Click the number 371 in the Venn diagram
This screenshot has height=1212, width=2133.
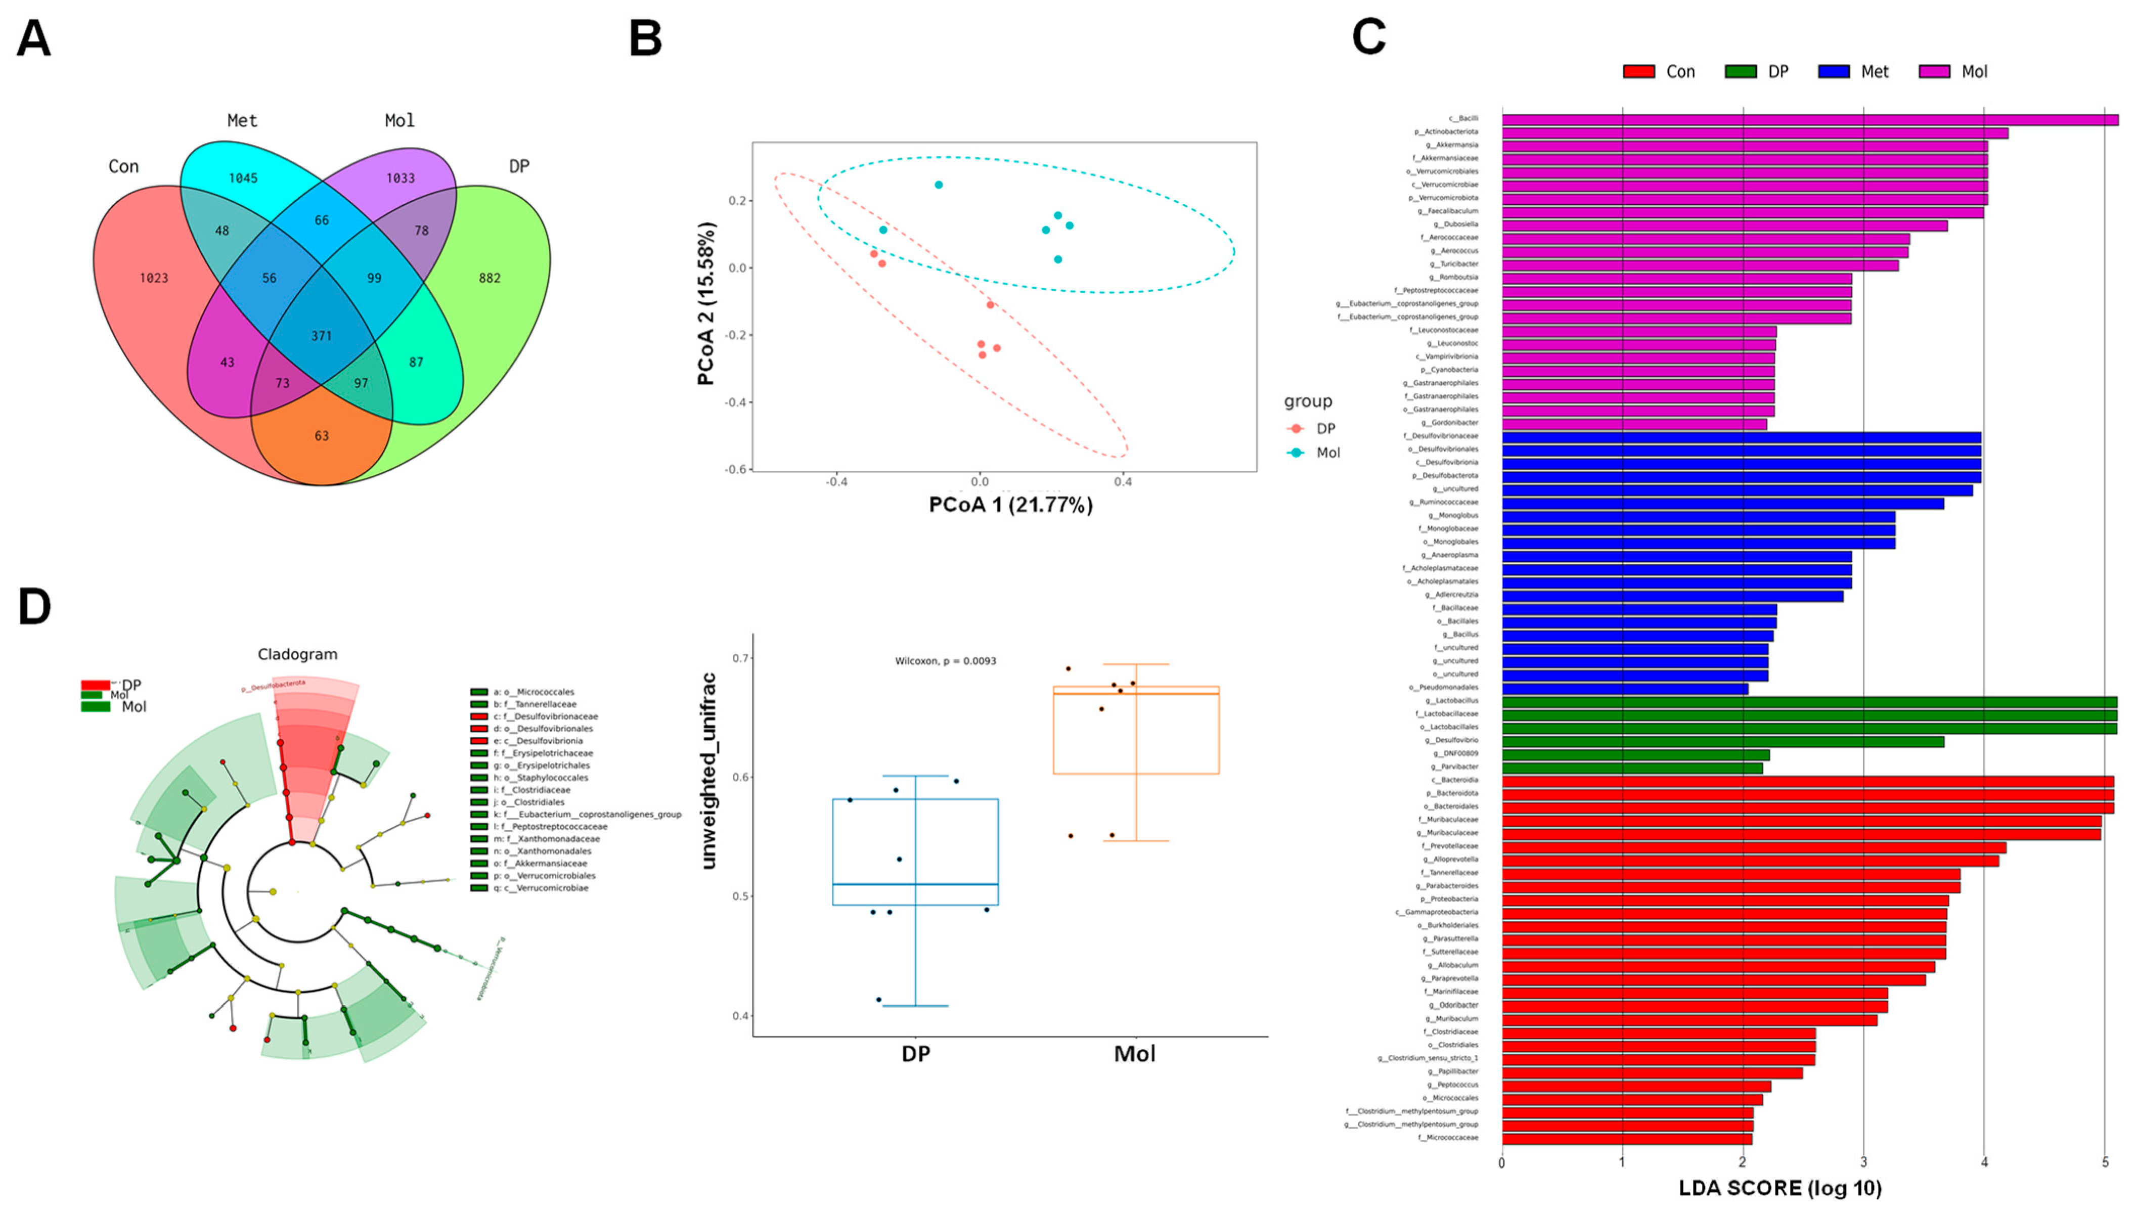[x=321, y=335]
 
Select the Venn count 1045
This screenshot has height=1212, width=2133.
[x=243, y=178]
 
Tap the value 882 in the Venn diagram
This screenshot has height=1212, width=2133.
[x=490, y=278]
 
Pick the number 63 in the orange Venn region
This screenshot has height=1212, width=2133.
[x=321, y=435]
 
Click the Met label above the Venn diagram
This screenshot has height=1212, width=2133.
[x=242, y=121]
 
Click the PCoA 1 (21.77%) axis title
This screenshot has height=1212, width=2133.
[x=1010, y=505]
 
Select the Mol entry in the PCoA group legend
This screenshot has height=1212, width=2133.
[x=1327, y=453]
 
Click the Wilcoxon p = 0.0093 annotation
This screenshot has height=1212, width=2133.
[x=946, y=661]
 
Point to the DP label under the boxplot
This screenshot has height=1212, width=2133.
[x=915, y=1054]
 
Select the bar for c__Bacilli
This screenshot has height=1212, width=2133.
[x=1806, y=119]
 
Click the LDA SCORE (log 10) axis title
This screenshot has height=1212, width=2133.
[x=1780, y=1188]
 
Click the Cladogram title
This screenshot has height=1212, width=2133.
[x=297, y=654]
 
